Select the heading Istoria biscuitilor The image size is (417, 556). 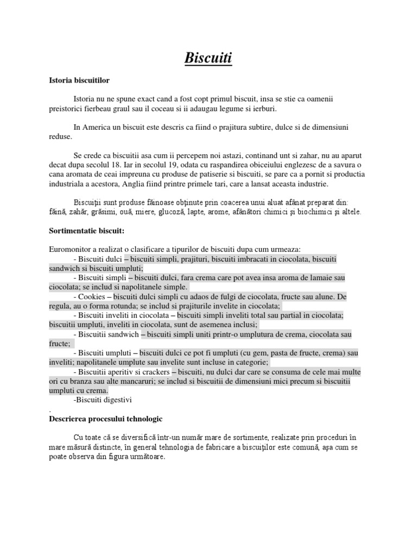[79, 80]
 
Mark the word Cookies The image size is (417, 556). [92, 297]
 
